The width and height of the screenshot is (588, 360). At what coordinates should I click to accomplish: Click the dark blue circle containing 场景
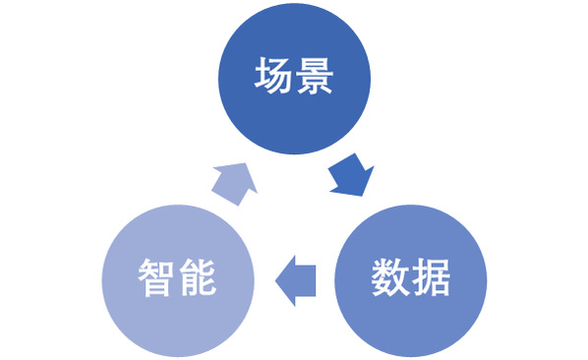click(x=294, y=79)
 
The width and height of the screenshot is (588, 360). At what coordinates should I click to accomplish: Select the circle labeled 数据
click(x=411, y=280)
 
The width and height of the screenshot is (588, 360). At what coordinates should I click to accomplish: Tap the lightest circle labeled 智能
click(x=178, y=280)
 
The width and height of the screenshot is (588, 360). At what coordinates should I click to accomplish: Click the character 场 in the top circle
click(x=273, y=76)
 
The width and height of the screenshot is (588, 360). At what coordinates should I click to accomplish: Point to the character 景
click(x=315, y=76)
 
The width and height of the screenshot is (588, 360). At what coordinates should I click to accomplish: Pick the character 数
click(x=390, y=277)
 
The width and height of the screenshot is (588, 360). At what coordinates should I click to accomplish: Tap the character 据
click(x=432, y=277)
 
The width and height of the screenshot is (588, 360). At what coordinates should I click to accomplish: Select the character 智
click(x=156, y=277)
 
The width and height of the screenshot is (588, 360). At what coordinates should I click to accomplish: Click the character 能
click(x=198, y=277)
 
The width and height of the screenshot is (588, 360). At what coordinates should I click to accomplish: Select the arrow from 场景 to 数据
click(x=351, y=175)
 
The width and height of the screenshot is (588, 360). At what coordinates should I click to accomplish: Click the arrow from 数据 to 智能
click(x=296, y=281)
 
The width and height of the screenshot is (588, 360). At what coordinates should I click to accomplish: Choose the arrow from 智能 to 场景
click(x=235, y=184)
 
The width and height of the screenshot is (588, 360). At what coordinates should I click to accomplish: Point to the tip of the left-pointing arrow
click(x=275, y=281)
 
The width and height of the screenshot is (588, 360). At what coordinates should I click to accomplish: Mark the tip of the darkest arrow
click(x=362, y=196)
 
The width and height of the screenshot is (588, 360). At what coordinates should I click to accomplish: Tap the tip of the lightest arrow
click(x=246, y=163)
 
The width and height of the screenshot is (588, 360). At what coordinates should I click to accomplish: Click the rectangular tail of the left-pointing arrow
click(x=305, y=281)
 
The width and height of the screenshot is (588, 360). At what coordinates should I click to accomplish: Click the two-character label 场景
click(x=294, y=76)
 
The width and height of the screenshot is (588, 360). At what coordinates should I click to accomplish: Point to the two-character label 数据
click(x=411, y=277)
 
